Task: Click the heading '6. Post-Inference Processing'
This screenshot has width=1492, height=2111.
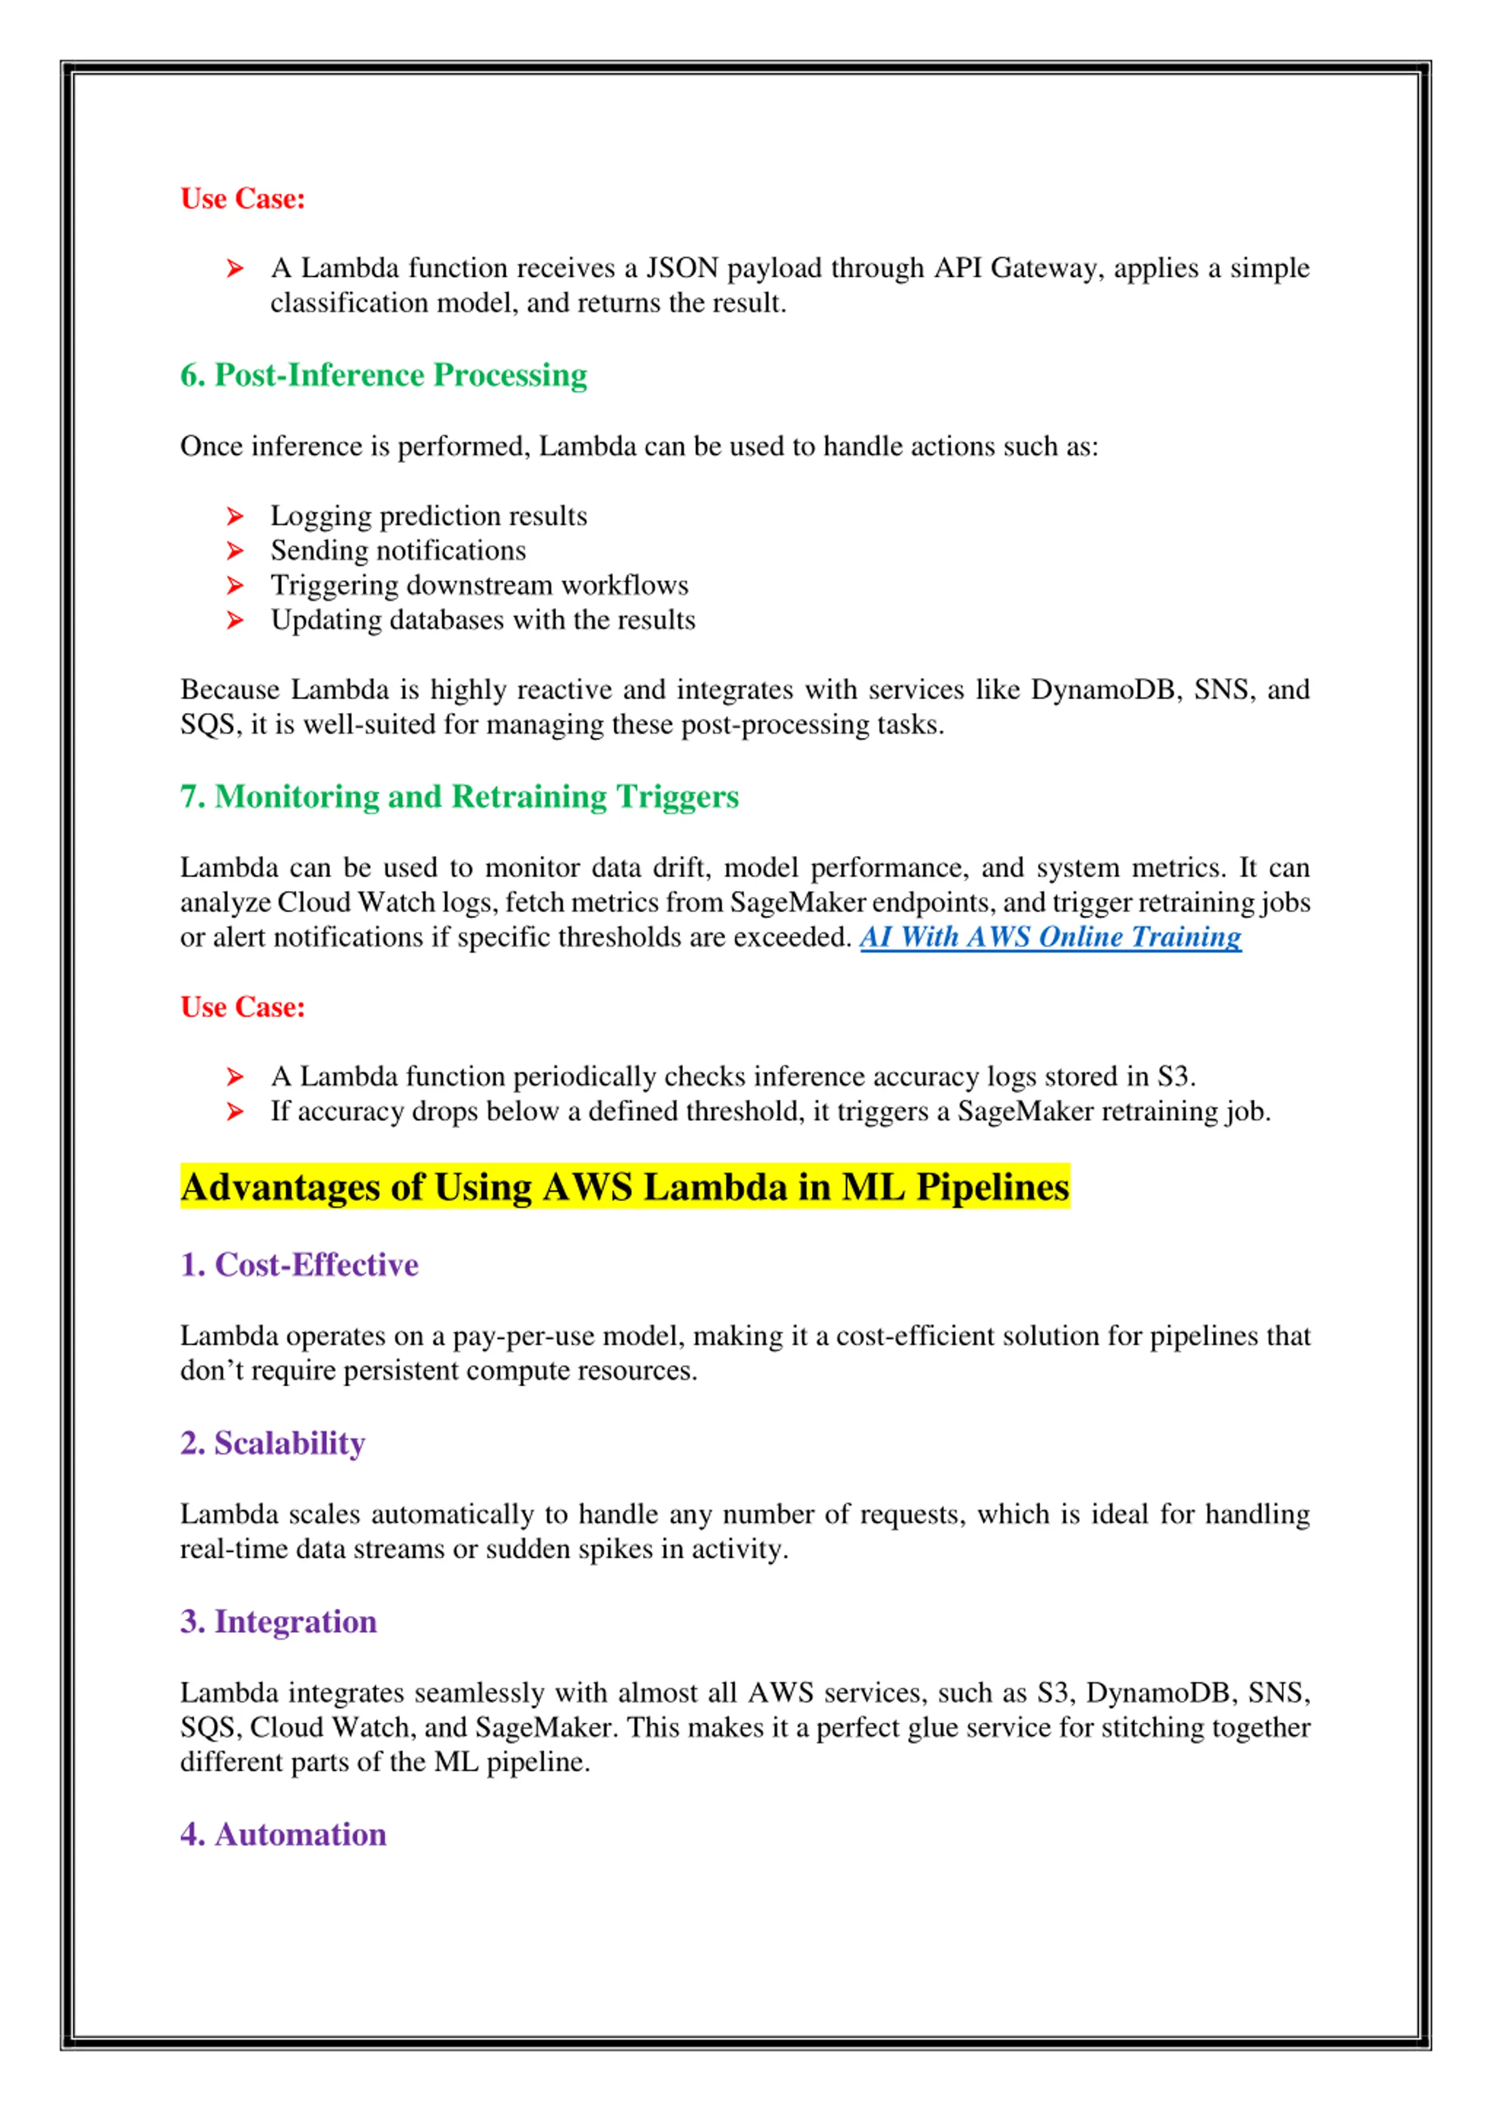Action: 383,375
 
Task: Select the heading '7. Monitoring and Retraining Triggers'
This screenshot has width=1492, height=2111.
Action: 459,796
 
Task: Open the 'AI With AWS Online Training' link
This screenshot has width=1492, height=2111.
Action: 1050,937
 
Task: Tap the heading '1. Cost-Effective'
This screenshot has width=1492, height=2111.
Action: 299,1265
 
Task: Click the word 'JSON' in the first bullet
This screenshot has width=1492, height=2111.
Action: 681,269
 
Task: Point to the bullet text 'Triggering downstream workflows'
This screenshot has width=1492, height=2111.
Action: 479,586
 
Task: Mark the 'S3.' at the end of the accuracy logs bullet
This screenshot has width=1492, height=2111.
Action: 1175,1077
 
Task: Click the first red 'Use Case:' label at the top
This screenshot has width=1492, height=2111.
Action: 242,199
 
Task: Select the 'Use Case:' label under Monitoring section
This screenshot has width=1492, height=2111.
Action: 242,1007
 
